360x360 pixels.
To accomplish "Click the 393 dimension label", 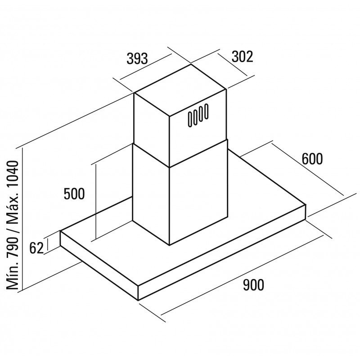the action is (137, 58).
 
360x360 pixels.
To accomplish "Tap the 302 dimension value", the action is (242, 57).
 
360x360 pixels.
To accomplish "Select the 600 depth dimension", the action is (312, 159).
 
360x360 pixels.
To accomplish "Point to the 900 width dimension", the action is (253, 285).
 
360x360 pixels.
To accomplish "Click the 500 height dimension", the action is (74, 194).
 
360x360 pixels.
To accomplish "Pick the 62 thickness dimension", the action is (36, 248).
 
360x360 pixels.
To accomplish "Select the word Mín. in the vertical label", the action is (13, 277).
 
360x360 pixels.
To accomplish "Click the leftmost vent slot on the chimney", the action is (190, 119).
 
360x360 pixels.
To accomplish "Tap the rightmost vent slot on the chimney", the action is (206, 111).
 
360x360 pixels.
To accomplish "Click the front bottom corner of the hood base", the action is (138, 300).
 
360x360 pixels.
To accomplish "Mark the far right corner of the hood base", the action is (306, 204).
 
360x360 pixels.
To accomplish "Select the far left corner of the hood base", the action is (60, 231).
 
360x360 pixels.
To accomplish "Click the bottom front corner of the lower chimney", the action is (170, 245).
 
